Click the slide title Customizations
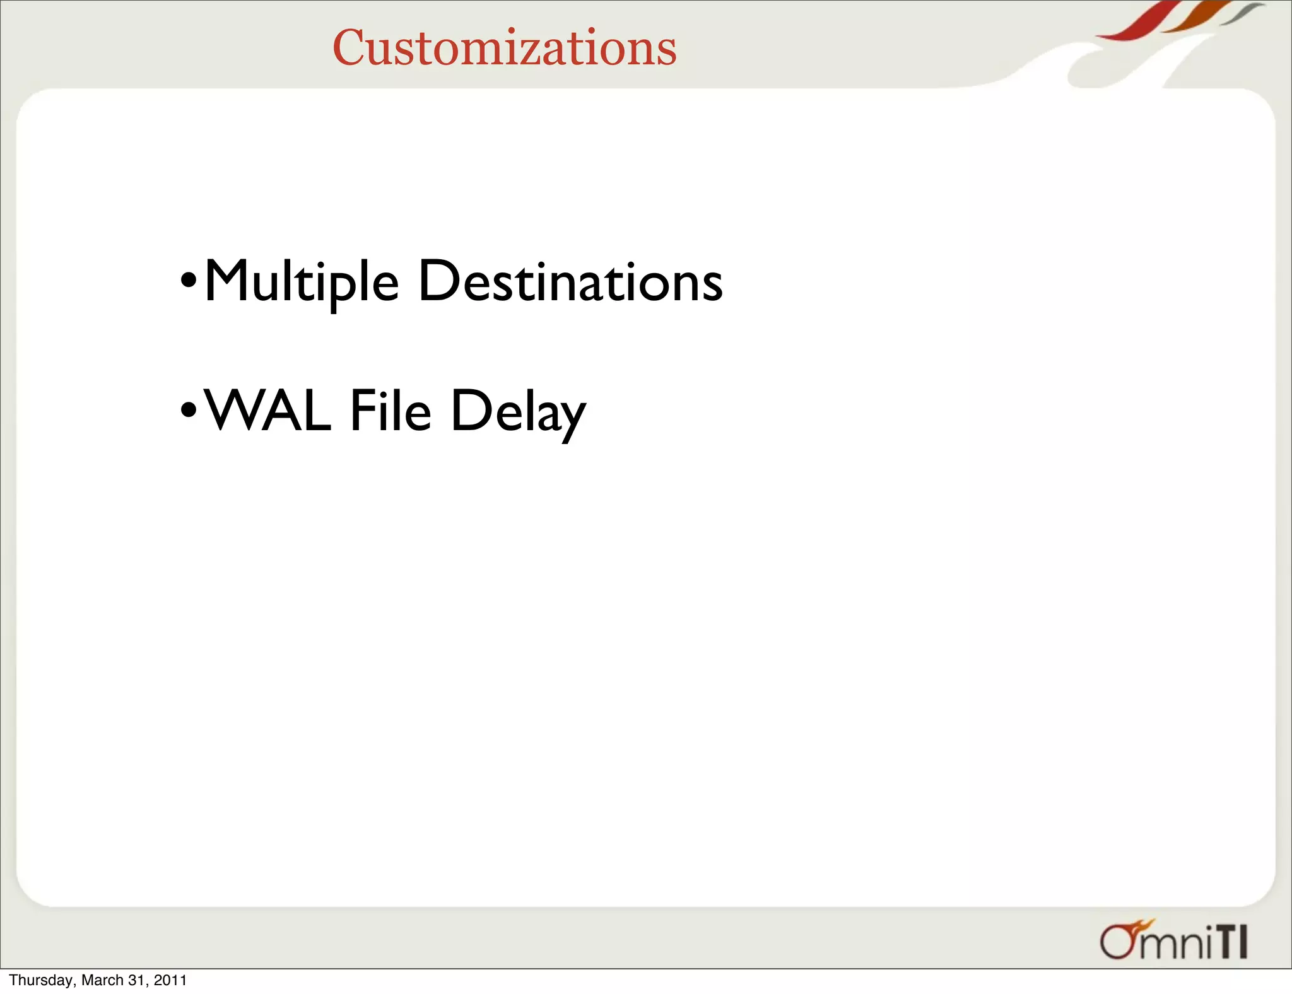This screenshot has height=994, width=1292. coord(504,48)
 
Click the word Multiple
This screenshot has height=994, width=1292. coord(302,282)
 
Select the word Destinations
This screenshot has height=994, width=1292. coord(570,282)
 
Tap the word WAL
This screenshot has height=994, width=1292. coord(268,411)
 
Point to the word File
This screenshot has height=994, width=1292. coord(391,411)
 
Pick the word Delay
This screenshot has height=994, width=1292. coord(518,412)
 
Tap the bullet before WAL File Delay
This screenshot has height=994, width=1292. coord(189,410)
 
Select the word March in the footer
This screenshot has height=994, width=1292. coord(102,980)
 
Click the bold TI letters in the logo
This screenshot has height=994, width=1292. coord(1230,942)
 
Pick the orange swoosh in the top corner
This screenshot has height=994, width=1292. coord(1195,19)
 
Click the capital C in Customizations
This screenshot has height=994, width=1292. coord(349,48)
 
